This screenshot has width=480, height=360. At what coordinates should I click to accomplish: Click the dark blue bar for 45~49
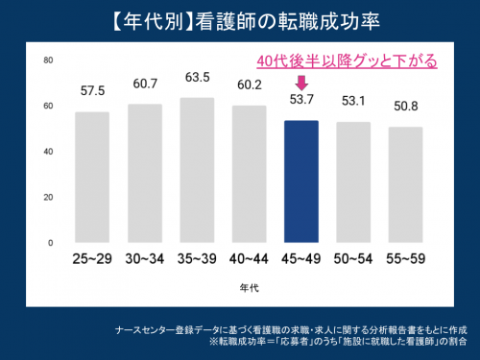click(x=301, y=181)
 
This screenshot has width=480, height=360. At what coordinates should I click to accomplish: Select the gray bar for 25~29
click(x=92, y=178)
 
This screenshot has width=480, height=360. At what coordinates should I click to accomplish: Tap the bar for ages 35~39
click(x=197, y=171)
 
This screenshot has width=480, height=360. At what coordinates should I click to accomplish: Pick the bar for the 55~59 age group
click(x=405, y=184)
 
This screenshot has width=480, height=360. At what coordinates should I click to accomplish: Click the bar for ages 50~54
click(x=353, y=182)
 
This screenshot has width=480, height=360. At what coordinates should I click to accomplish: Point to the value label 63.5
click(x=197, y=77)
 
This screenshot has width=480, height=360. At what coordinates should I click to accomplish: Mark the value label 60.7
click(x=145, y=84)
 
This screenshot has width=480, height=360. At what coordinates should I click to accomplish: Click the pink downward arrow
click(x=300, y=83)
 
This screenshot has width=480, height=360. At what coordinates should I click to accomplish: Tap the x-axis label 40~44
click(x=249, y=260)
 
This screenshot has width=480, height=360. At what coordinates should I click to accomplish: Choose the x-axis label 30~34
click(x=145, y=260)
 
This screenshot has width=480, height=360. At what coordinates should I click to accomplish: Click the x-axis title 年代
click(x=250, y=286)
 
